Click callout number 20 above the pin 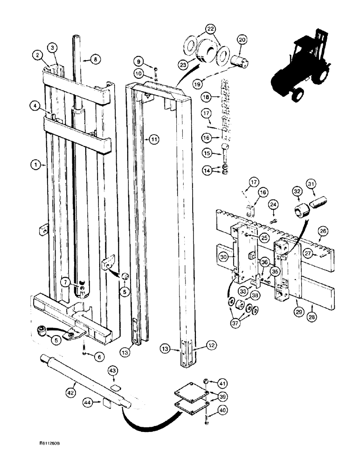pyautogui.click(x=242, y=40)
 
